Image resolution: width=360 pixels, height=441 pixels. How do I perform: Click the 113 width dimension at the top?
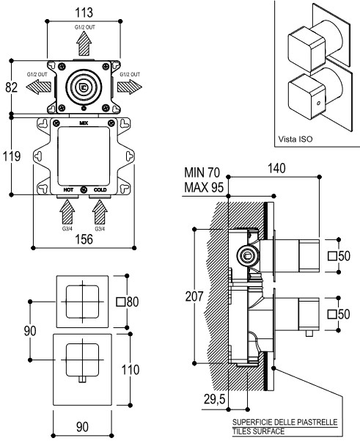pos(84,12)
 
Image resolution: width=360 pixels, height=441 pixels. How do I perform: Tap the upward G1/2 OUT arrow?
pos(84,43)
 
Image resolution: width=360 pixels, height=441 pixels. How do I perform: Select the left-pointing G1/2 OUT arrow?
pos(39,87)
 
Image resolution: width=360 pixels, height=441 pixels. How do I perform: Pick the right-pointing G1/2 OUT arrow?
pos(130,87)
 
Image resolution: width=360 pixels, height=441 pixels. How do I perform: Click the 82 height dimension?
pos(12,87)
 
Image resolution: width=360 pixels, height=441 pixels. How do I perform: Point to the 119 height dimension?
pos(12,156)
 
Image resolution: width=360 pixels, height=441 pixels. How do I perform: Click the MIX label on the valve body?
pos(84,123)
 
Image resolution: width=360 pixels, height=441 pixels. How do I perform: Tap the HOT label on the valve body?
pos(68,190)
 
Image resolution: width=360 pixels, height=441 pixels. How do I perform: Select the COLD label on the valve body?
pos(100,190)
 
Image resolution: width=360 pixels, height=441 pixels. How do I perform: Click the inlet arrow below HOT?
pos(67,212)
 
